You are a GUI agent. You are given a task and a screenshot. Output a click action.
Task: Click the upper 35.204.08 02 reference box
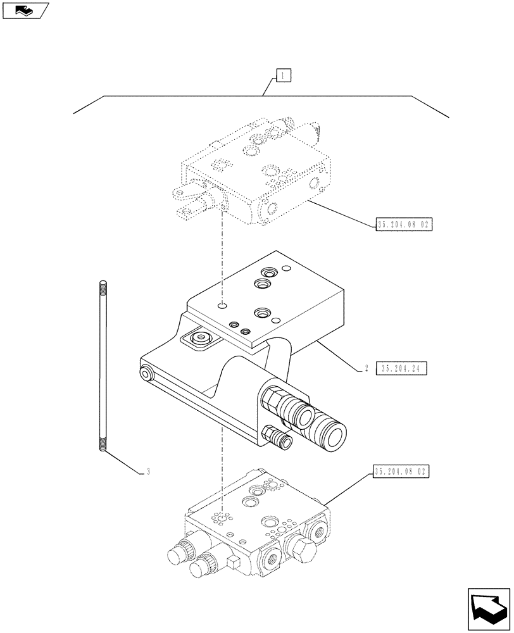tap(403, 224)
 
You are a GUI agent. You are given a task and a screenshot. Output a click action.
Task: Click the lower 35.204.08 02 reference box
tap(401, 472)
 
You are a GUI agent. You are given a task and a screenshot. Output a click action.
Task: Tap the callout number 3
tap(147, 471)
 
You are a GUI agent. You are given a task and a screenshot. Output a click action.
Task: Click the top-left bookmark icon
tap(25, 10)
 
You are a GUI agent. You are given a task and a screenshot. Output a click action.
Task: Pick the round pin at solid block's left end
tap(146, 375)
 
